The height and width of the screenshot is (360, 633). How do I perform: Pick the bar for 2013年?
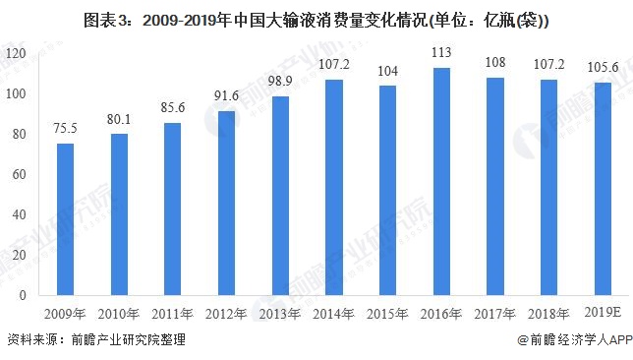point(280,196)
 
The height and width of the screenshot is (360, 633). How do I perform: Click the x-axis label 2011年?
point(172,314)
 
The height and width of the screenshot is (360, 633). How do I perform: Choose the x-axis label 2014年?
point(333,314)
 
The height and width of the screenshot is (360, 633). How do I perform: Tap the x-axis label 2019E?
point(602,314)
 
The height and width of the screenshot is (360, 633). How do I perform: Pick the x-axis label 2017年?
point(494,314)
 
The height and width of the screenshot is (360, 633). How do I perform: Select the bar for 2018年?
point(548,187)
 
